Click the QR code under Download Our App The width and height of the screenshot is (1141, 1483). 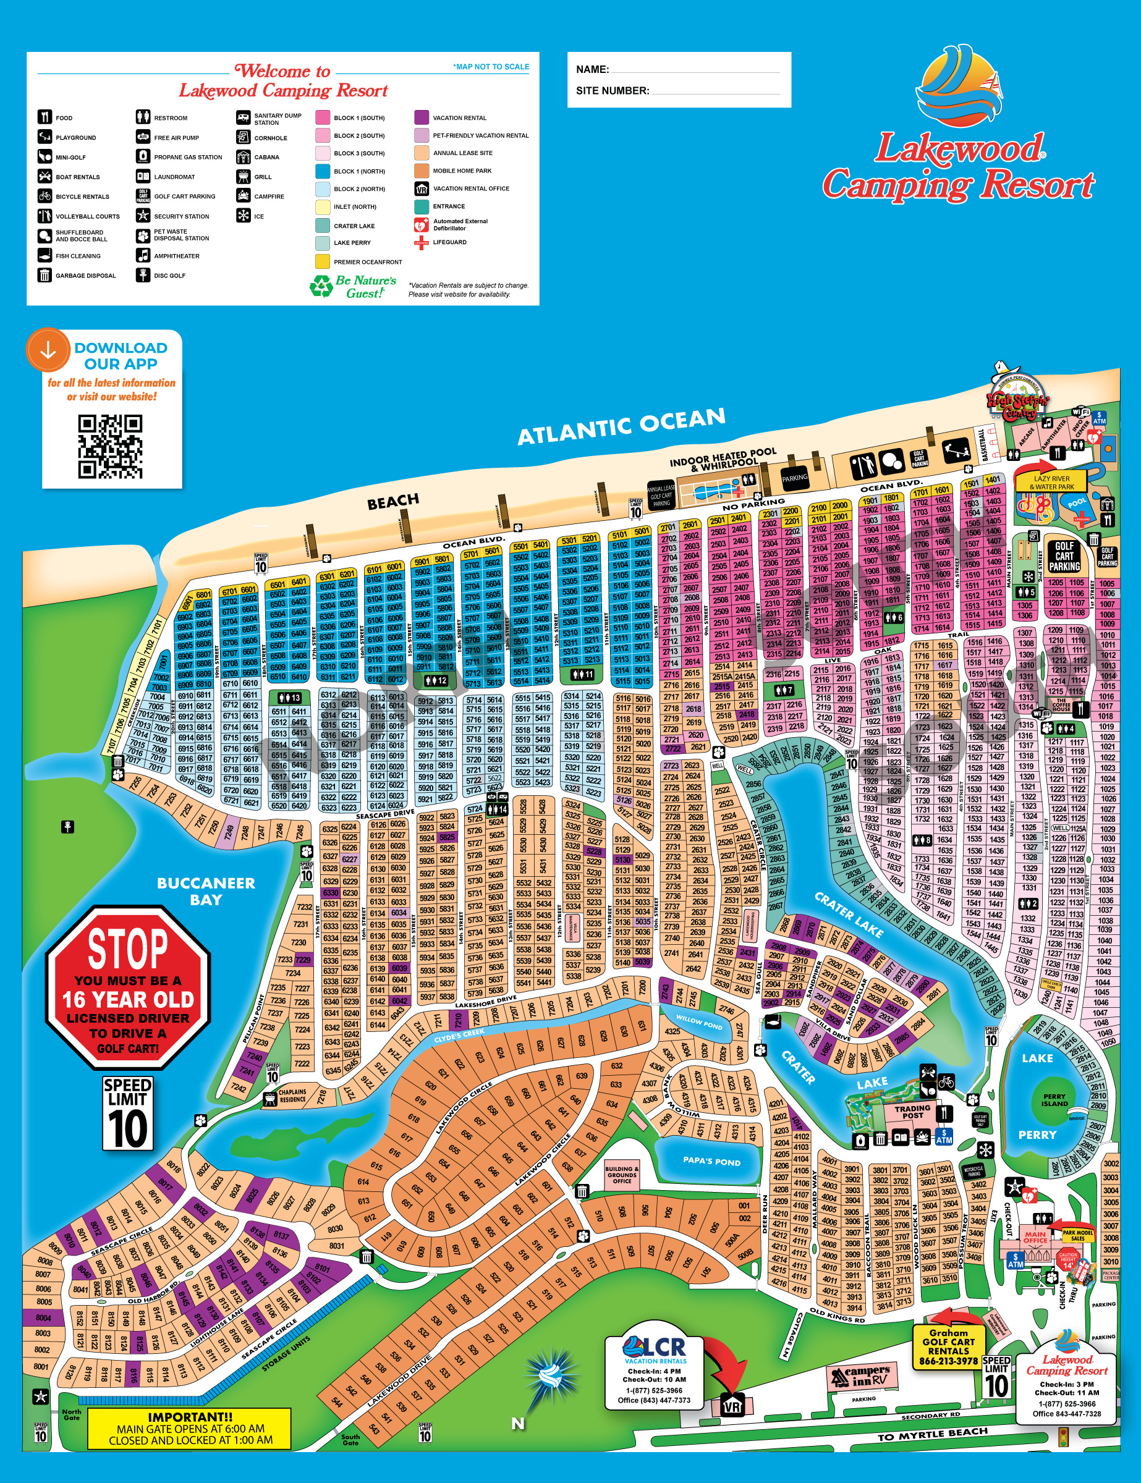pos(110,447)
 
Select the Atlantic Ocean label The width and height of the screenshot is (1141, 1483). pos(621,426)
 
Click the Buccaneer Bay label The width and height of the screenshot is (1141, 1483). pos(206,891)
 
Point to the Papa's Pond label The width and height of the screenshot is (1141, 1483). pos(711,1160)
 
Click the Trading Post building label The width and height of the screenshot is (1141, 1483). pos(912,1112)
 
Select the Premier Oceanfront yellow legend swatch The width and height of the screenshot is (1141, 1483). pos(323,261)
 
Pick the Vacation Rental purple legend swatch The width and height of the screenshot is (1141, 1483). pos(422,117)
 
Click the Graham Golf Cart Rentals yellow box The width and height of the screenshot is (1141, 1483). pos(948,1347)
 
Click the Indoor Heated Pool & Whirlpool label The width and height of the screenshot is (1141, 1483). pos(723,459)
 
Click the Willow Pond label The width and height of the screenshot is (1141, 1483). pos(699,1022)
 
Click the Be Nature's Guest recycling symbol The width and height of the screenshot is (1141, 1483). pos(321,286)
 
